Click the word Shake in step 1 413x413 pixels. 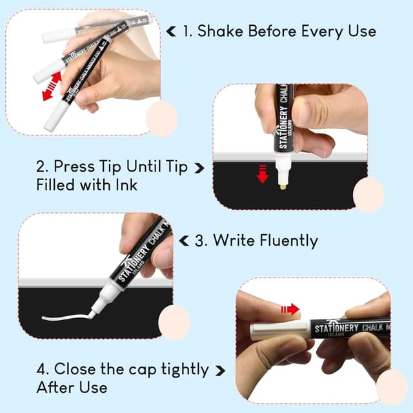(x=221, y=31)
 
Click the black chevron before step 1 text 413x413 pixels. (x=171, y=30)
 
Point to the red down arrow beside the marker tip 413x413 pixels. (x=262, y=173)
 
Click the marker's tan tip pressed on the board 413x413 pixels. (x=283, y=184)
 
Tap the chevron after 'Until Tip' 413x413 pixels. (x=199, y=168)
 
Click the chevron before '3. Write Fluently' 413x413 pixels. (x=184, y=241)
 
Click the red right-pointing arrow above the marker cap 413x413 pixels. (x=290, y=309)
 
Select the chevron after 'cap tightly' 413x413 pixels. (x=220, y=370)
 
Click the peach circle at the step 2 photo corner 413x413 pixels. (x=368, y=196)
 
